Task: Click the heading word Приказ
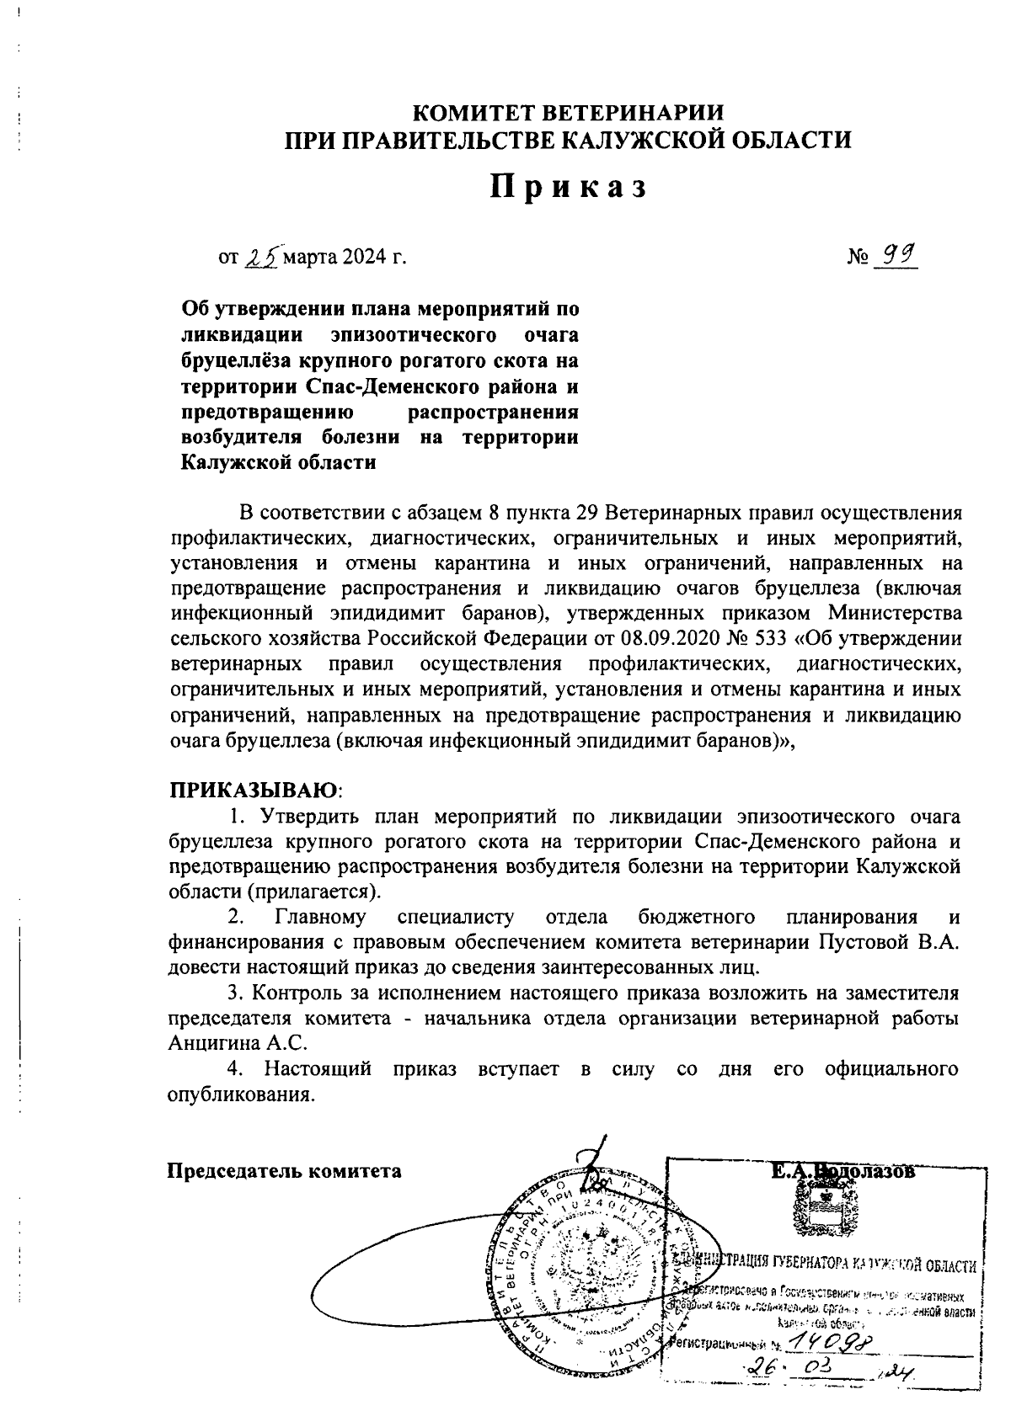click(x=570, y=187)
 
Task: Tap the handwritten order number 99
click(x=895, y=253)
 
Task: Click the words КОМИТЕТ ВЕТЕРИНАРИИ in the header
click(x=570, y=113)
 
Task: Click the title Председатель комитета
click(x=284, y=1171)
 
